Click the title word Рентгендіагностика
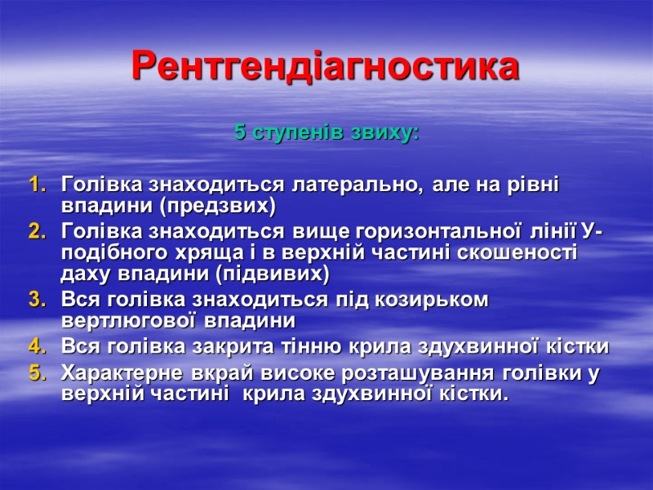[326, 67]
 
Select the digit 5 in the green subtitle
[239, 131]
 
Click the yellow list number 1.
[37, 185]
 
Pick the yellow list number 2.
[37, 234]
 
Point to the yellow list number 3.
[37, 300]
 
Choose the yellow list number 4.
[37, 346]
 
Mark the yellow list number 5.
[37, 376]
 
